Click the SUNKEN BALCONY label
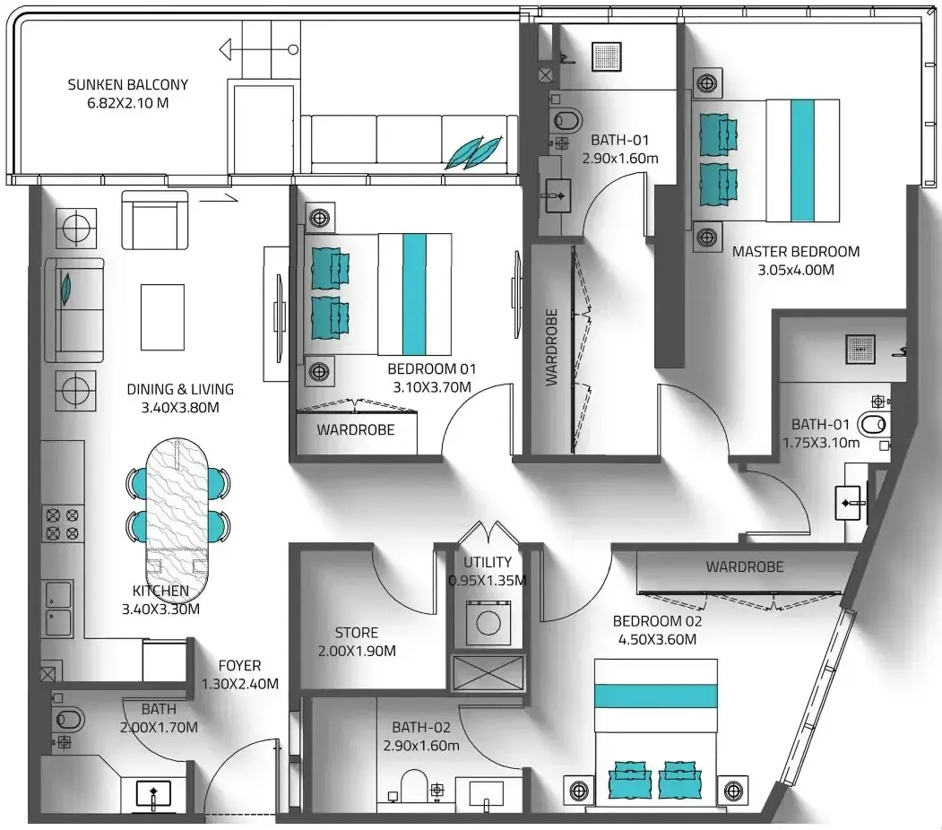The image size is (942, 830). (128, 84)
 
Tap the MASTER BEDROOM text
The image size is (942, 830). (795, 252)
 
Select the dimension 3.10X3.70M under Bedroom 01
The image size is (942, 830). (432, 387)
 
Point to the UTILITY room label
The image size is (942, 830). (488, 562)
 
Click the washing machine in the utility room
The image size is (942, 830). (488, 623)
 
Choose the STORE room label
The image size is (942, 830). (356, 633)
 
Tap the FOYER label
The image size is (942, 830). (239, 665)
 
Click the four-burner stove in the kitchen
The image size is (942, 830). (63, 523)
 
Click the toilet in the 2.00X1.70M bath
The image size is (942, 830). (67, 719)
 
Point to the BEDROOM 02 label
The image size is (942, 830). (657, 621)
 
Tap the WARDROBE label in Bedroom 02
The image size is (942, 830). (744, 567)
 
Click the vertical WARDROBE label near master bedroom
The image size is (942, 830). (551, 347)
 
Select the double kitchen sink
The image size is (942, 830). (58, 609)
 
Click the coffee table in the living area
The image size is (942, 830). (162, 317)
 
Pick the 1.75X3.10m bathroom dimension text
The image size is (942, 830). (821, 443)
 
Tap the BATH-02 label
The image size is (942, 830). (421, 727)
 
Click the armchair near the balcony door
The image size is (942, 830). (155, 220)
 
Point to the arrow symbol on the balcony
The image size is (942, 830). (259, 49)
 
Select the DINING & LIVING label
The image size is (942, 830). (180, 389)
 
